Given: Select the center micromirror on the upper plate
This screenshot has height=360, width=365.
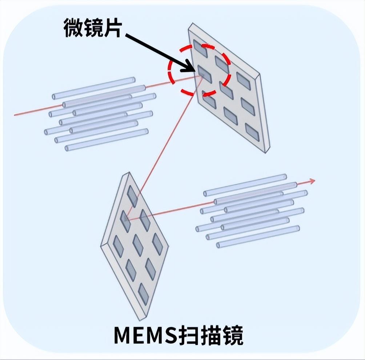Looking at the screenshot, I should [x=226, y=90].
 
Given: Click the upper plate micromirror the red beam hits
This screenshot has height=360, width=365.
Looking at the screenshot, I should [x=204, y=74].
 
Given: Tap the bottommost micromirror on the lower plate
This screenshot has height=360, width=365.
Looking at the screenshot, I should [x=143, y=294].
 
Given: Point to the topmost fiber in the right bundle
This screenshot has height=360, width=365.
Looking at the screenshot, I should [x=245, y=185].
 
